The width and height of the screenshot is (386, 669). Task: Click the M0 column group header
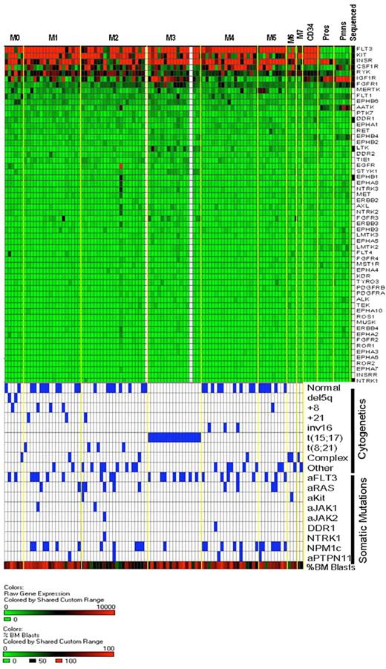coord(15,36)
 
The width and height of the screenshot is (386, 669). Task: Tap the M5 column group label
coord(272,36)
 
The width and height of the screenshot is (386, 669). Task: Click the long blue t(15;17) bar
coord(174,437)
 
